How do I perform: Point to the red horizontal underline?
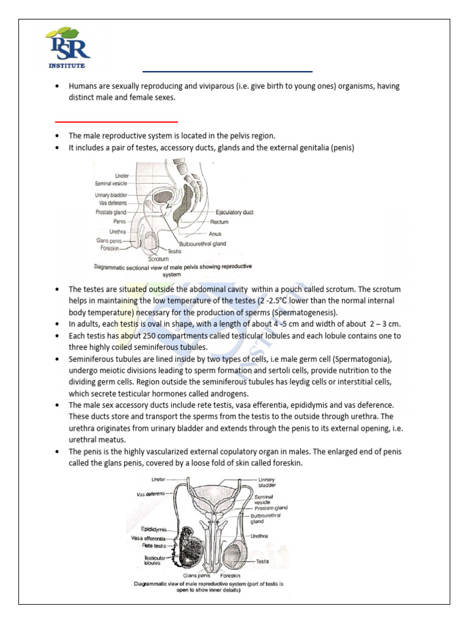point(116,122)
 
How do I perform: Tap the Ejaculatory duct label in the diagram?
point(235,212)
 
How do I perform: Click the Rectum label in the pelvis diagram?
point(227,222)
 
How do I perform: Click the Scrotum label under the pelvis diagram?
point(158,259)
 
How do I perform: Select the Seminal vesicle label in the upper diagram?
point(110,183)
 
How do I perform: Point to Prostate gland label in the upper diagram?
point(111,212)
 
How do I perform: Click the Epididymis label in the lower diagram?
point(154,529)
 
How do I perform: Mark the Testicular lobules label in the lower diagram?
point(152,560)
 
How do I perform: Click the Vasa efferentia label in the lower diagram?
point(149,538)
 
